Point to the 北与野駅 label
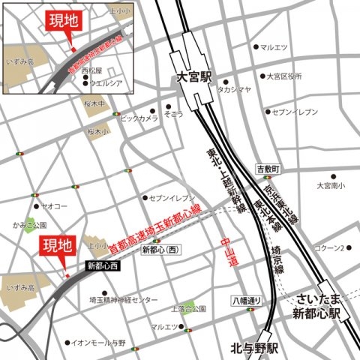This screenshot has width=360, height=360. (x=254, y=348)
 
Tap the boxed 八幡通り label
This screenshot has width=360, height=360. (x=247, y=301)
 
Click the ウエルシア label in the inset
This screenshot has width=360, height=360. (x=106, y=82)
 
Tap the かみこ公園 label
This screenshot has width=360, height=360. (x=28, y=224)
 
